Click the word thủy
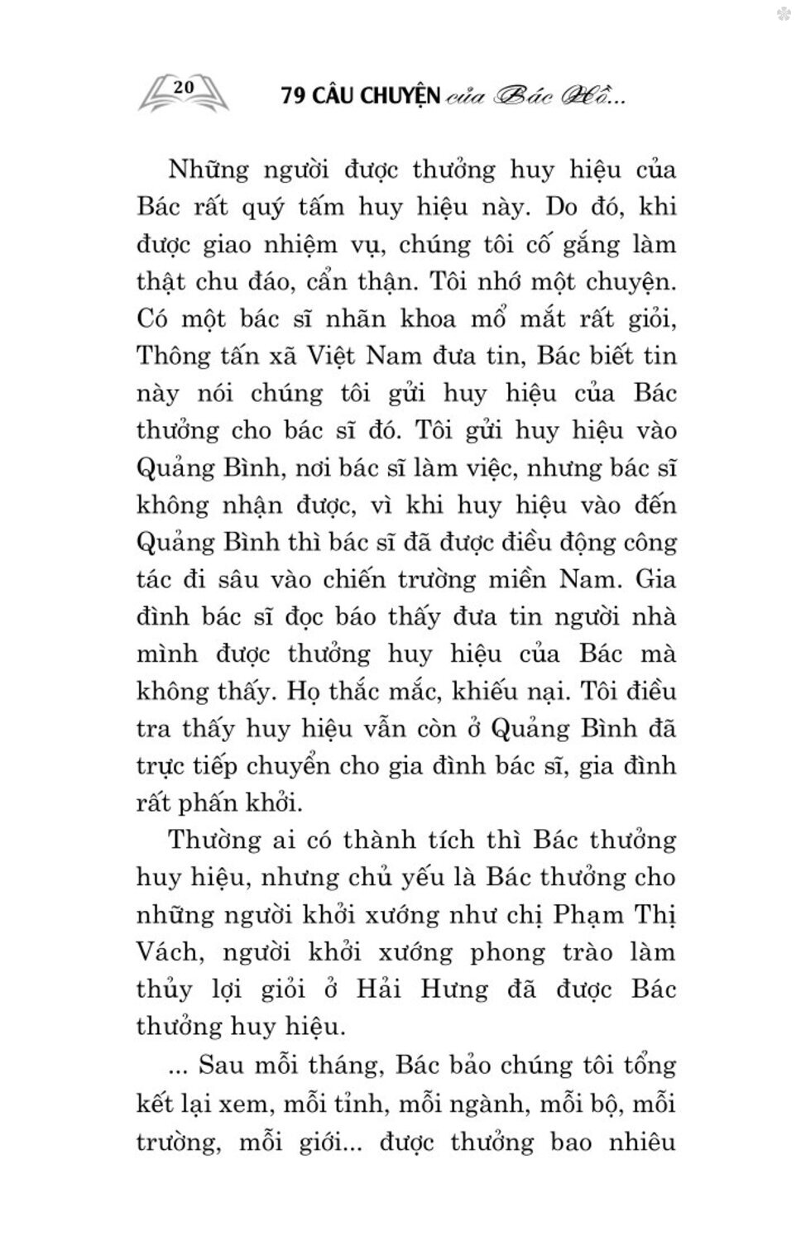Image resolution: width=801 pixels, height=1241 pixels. [x=164, y=990]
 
